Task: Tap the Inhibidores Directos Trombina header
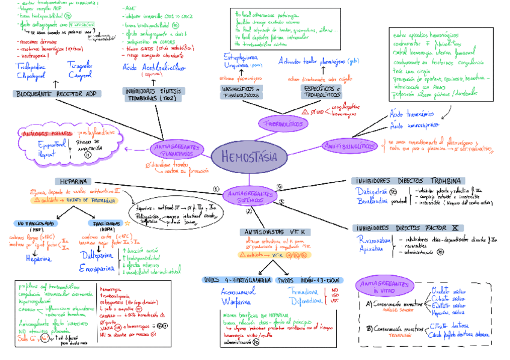click(408, 180)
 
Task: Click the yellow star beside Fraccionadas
click(127, 223)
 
